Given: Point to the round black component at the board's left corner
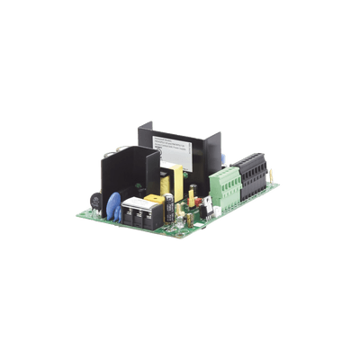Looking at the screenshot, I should [x=94, y=202].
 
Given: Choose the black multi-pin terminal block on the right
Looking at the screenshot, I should [x=249, y=173].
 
